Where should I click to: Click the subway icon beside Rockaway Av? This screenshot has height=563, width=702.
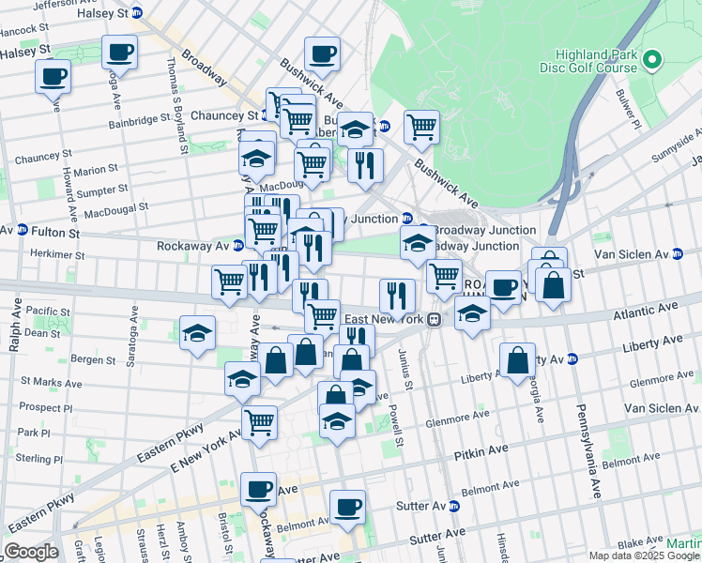[x=238, y=246]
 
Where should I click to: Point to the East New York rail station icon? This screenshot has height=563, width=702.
[x=434, y=319]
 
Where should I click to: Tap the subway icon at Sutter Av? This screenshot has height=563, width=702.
[x=454, y=507]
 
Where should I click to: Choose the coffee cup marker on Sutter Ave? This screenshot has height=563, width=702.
[x=347, y=507]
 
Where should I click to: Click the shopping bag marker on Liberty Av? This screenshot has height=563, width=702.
[x=517, y=359]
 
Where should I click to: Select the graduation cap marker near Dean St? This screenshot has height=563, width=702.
[x=197, y=333]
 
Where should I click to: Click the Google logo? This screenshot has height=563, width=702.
[x=32, y=552]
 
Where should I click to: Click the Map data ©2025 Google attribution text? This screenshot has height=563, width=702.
[x=630, y=555]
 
